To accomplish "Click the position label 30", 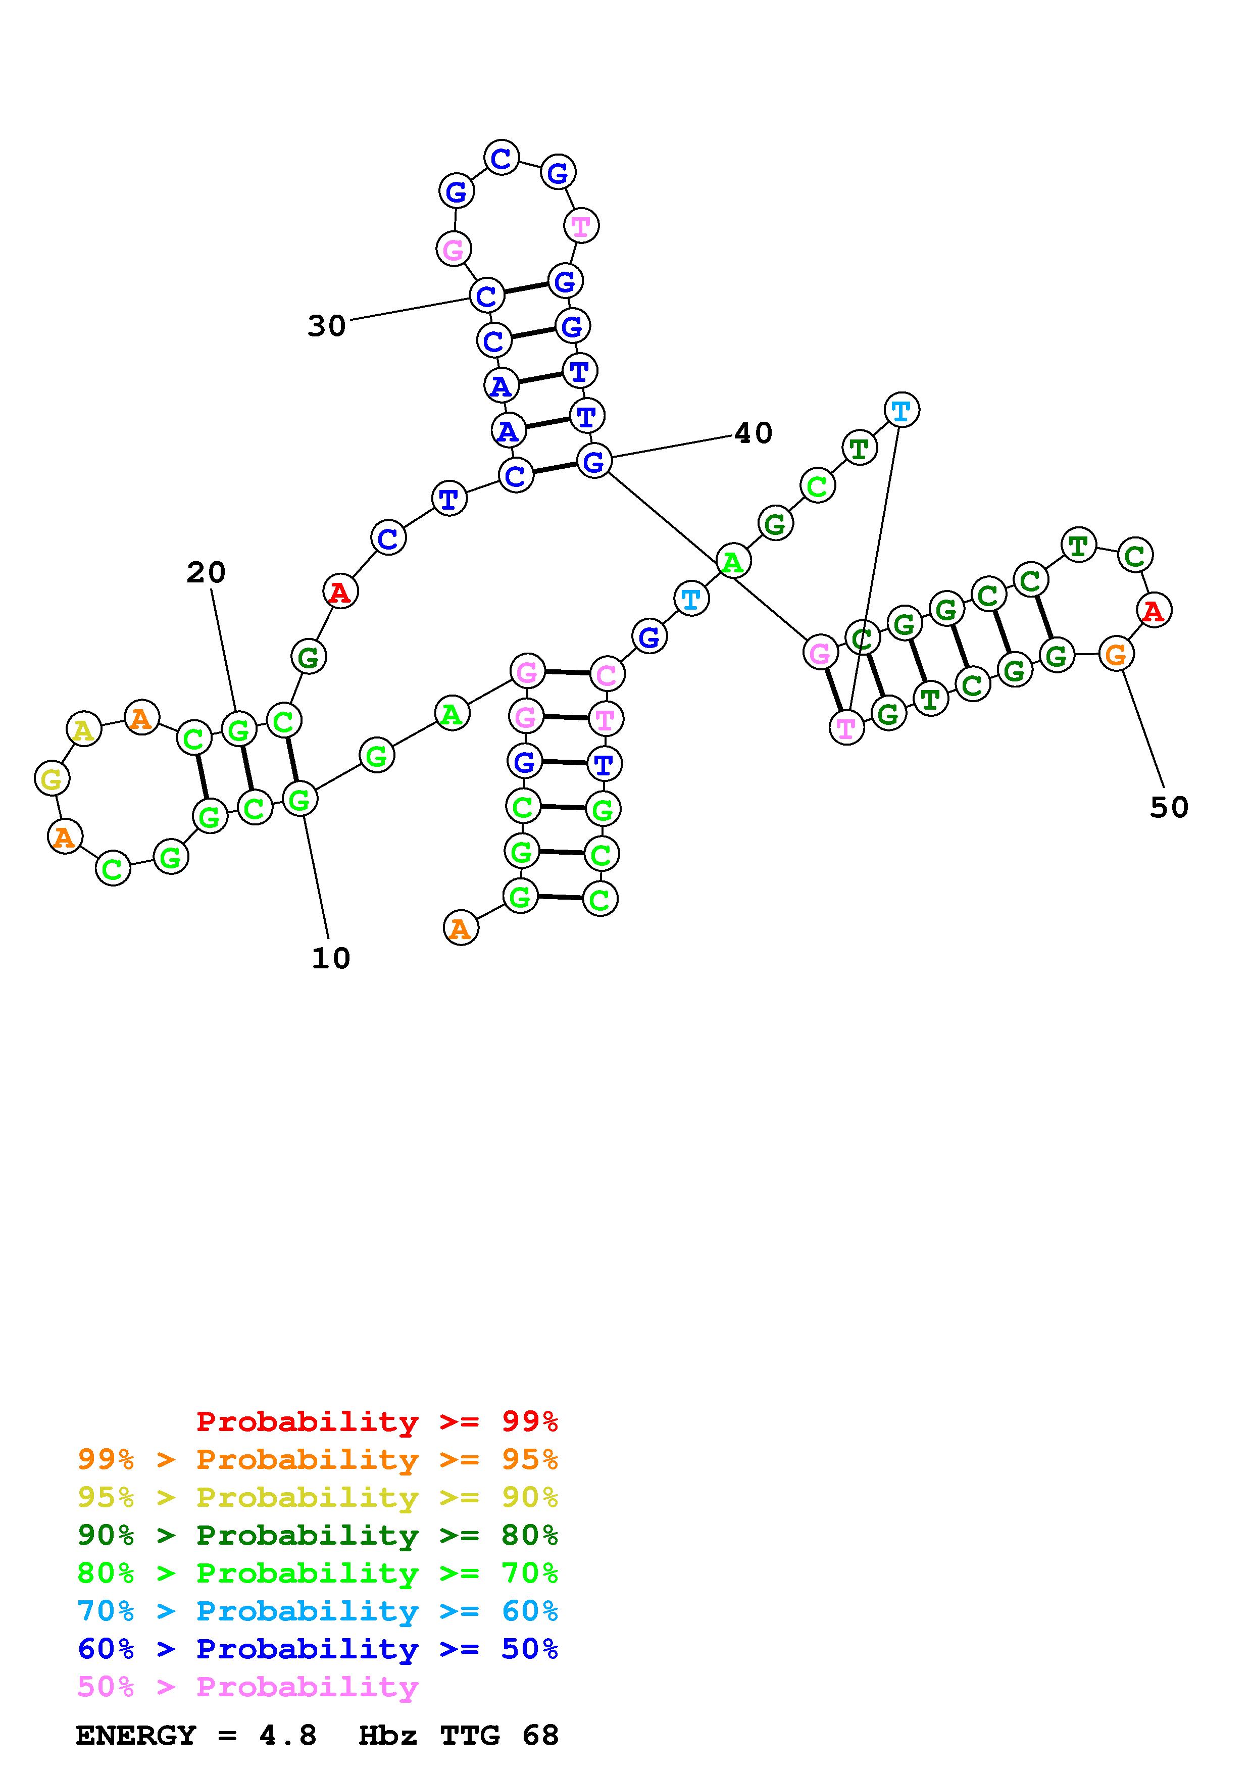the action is tap(326, 326).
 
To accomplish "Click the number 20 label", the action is tap(206, 573).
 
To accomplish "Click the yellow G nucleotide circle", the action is tap(52, 779).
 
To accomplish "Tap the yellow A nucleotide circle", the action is tap(83, 729).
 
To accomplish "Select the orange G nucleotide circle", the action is tap(1116, 655).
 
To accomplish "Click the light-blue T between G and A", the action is tap(691, 598).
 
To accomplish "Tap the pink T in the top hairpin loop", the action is tap(581, 226).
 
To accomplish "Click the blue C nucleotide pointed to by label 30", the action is tap(487, 295).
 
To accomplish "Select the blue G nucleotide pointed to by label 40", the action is tap(594, 462).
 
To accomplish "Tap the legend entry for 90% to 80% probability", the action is tap(318, 1535).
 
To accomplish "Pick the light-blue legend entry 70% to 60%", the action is tap(318, 1611).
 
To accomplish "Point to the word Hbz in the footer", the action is tap(388, 1736).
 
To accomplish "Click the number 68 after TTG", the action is tap(540, 1736).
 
